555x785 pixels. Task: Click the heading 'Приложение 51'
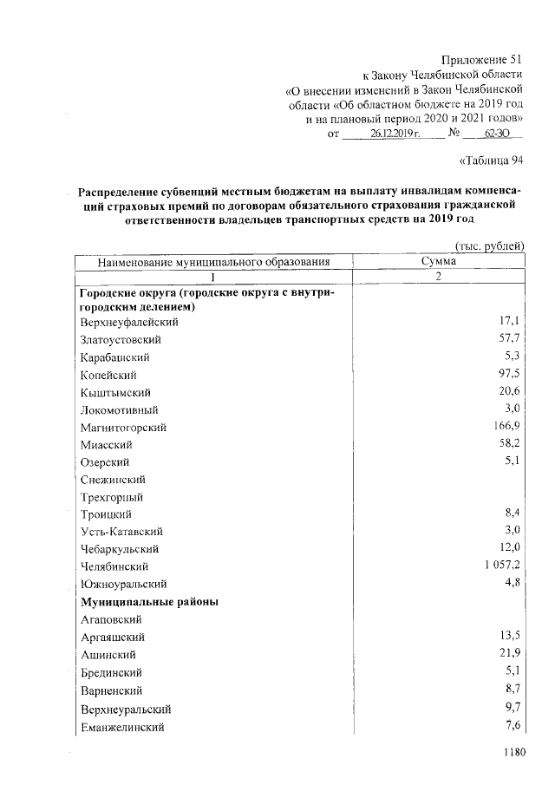(483, 60)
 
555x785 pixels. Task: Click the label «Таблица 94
(491, 160)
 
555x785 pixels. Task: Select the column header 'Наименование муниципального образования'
(214, 261)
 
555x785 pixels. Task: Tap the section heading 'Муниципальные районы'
(148, 602)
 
